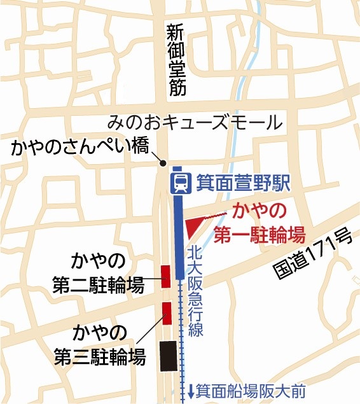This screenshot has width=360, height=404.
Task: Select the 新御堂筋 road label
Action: tap(177, 60)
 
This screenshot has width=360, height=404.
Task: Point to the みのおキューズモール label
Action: tap(194, 121)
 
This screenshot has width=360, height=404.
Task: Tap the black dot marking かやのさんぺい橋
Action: tap(163, 161)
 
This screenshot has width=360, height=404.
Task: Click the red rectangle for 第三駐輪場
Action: tap(168, 312)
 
